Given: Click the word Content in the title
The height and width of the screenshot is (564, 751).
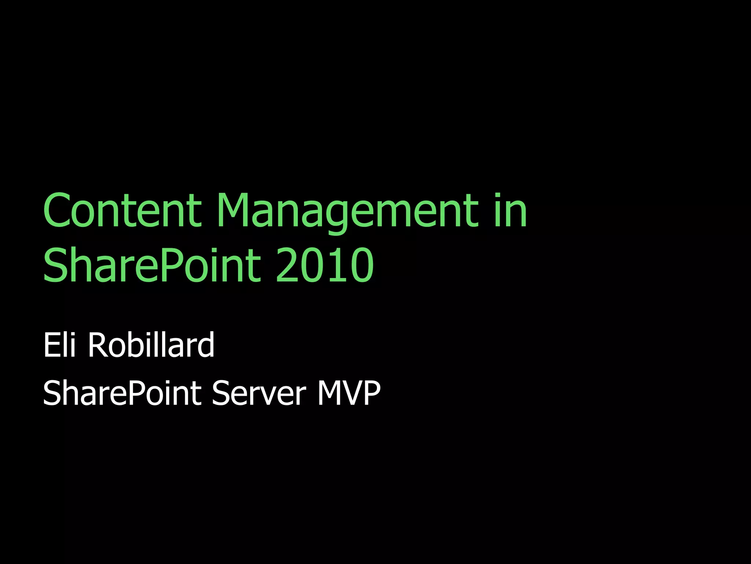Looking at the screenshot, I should coord(122,210).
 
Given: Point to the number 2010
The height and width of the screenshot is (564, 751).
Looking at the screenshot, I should coord(325,265).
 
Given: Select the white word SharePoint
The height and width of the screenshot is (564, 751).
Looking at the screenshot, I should coord(122,393).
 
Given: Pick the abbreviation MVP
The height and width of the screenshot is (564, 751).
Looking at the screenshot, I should coord(349,393).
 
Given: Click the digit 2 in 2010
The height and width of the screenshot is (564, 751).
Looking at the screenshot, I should coord(288,265).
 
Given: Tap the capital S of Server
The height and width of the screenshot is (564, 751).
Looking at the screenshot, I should coord(220,393).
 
